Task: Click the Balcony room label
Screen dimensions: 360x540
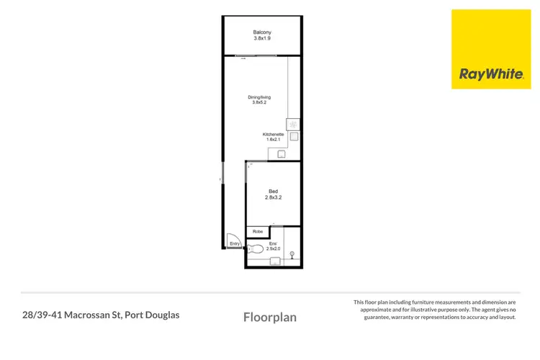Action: (x=261, y=32)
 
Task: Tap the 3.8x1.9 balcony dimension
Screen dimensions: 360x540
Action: (x=261, y=39)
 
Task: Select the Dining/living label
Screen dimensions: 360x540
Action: (x=259, y=96)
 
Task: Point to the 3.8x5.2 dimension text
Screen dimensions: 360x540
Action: (x=259, y=103)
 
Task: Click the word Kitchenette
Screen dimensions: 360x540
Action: (x=274, y=135)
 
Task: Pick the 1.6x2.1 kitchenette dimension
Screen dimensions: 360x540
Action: (x=274, y=140)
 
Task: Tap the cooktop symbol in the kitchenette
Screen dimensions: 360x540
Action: (x=293, y=122)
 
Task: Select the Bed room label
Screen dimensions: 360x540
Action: (x=271, y=191)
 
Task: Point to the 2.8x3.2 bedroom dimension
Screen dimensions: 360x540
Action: (x=271, y=197)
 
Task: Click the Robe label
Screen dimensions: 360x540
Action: (x=257, y=231)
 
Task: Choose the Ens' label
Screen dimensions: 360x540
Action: (x=273, y=243)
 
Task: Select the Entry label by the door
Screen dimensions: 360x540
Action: (x=234, y=245)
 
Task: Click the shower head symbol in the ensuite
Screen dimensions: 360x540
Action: (x=292, y=253)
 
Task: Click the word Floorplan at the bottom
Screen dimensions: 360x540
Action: (x=270, y=317)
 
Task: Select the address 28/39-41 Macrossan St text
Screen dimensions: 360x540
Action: (x=100, y=315)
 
